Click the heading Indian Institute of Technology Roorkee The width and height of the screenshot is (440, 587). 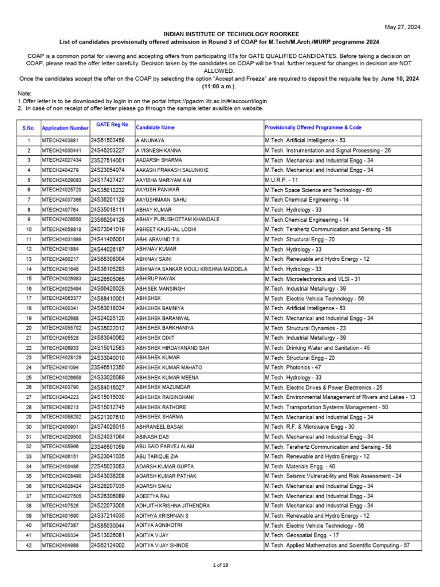point(219,35)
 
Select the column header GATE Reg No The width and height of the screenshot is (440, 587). point(112,124)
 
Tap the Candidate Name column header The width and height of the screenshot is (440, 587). point(155,127)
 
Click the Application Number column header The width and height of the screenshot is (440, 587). point(65,128)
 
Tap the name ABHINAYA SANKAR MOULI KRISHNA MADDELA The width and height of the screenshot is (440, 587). point(192,269)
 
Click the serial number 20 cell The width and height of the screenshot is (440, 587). point(29,328)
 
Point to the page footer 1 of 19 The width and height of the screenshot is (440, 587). point(221,565)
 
